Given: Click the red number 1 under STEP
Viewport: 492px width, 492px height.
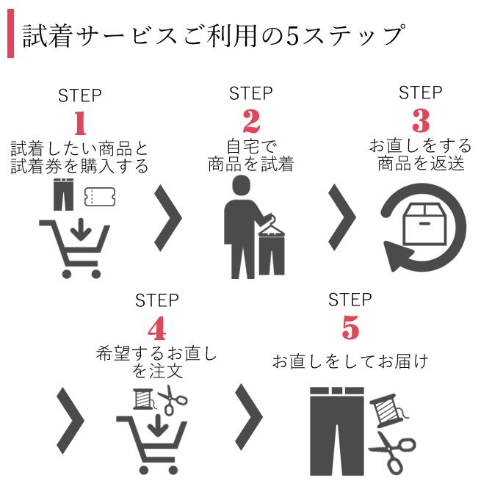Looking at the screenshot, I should click(79, 123).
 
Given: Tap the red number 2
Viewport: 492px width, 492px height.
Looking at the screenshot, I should click(251, 120).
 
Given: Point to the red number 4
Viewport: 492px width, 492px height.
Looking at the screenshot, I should click(156, 328).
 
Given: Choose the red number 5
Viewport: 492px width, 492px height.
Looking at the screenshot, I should click(350, 328).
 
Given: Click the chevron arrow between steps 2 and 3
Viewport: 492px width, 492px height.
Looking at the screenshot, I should click(341, 217).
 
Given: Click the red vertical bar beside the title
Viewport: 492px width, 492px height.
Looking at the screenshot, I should click(10, 36).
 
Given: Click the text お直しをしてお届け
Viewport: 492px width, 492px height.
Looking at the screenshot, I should click(350, 361).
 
